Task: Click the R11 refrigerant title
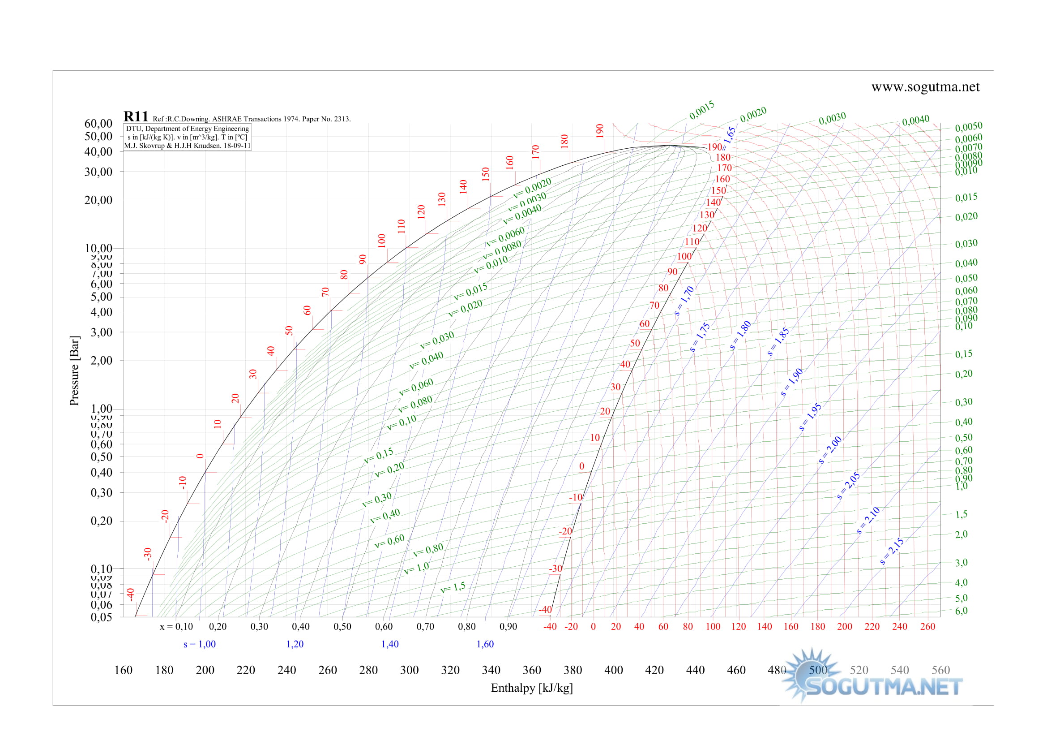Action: pos(136,117)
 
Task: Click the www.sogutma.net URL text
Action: pos(925,87)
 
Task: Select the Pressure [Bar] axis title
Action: pos(74,370)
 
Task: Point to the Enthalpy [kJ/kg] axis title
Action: pos(532,688)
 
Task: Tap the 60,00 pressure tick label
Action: pos(98,124)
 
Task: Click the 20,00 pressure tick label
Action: pos(98,200)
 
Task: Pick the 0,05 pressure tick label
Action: pos(101,617)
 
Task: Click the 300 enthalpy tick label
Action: pos(409,670)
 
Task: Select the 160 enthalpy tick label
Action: pos(123,670)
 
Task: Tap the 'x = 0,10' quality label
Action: pos(176,626)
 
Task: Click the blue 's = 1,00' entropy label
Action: pos(199,644)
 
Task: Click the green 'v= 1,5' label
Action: pos(453,587)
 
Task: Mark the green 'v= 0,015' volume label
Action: pos(470,292)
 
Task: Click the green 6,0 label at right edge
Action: pos(961,611)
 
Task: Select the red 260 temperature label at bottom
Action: pos(927,626)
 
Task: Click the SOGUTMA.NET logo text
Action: pos(884,687)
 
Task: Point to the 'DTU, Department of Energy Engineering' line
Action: pos(188,129)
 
